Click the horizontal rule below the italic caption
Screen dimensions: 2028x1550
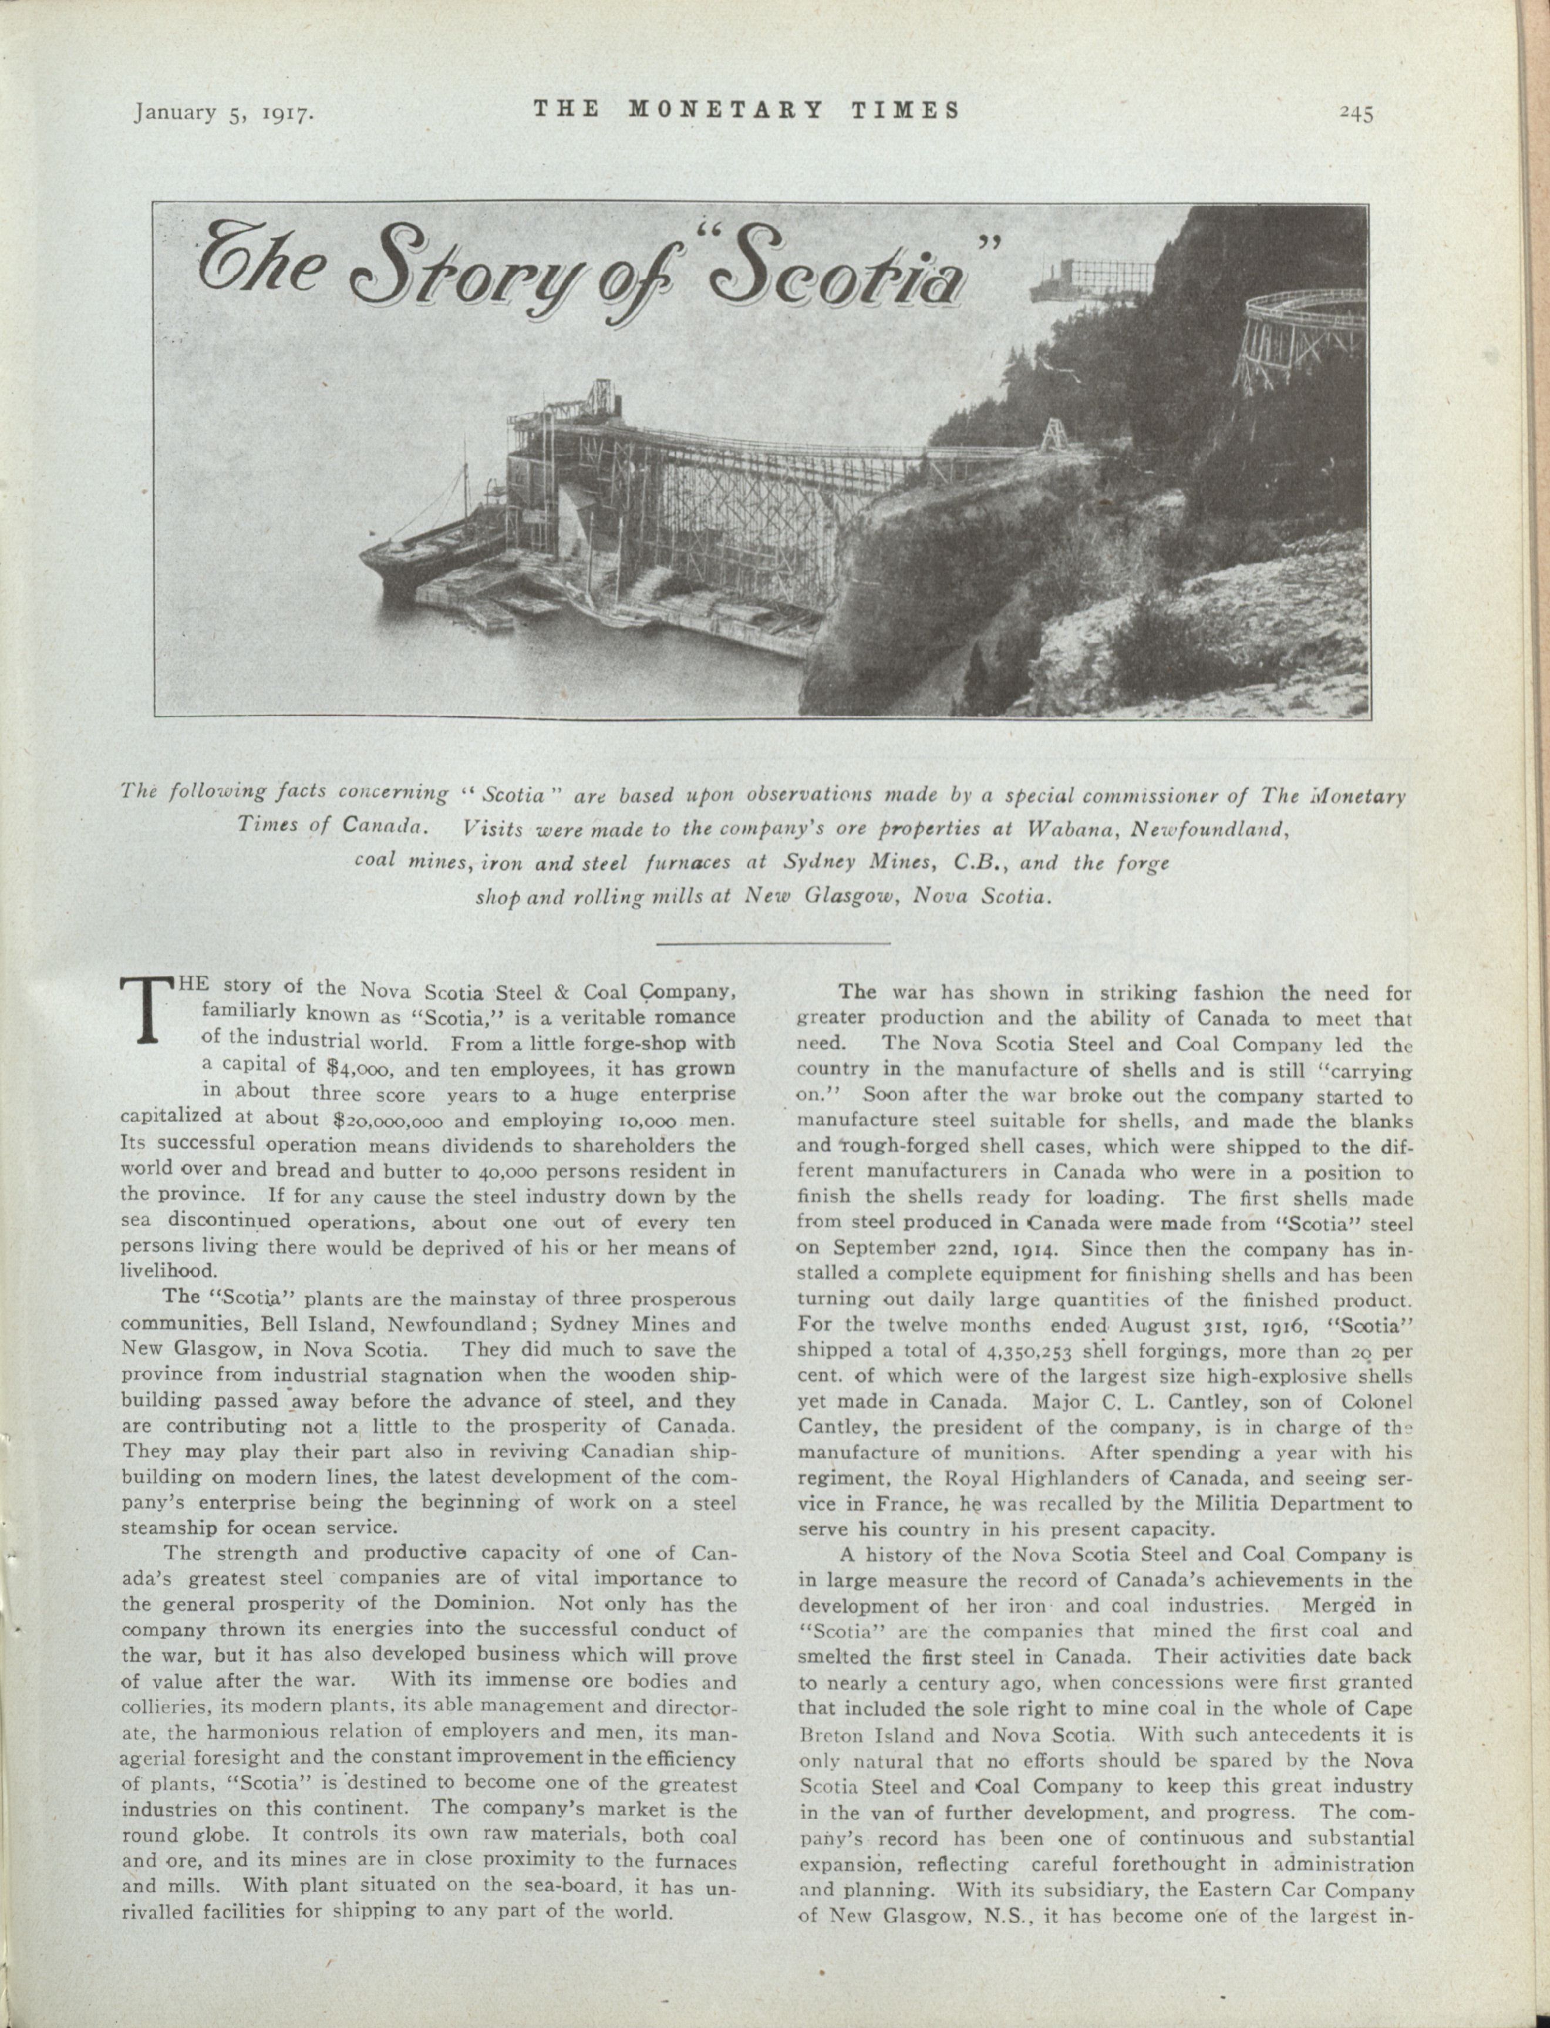tap(773, 944)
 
